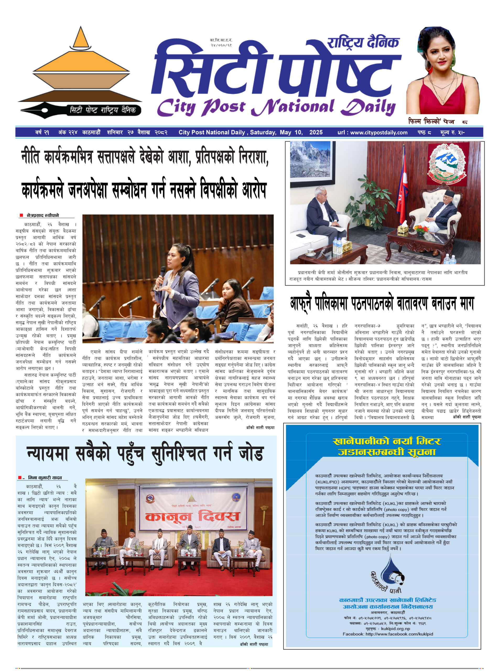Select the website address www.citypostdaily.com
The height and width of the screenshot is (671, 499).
379,132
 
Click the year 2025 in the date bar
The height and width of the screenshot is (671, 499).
316,132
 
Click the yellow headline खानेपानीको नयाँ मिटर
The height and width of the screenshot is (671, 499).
386,441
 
